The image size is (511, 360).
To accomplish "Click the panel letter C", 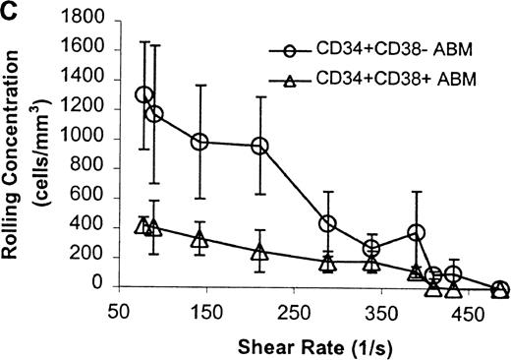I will [x=9, y=9].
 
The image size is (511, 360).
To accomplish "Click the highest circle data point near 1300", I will [x=144, y=95].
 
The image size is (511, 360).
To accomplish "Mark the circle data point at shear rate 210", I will [x=260, y=146].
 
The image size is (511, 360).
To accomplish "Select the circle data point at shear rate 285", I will [x=328, y=224].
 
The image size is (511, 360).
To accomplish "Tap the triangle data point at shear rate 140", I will [x=199, y=239].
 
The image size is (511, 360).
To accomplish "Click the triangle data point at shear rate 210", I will [x=260, y=252].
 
